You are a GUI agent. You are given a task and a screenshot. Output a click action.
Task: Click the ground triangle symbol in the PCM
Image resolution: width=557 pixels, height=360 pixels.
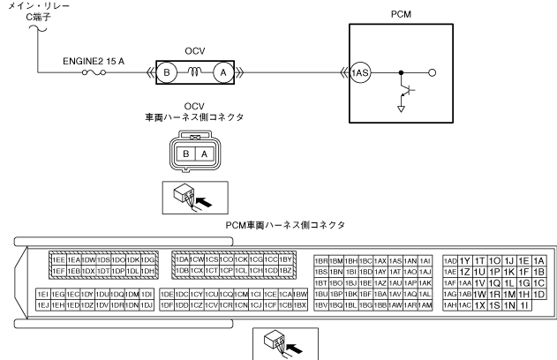402,109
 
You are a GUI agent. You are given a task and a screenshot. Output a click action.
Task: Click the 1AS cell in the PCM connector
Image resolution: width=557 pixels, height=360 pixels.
396,261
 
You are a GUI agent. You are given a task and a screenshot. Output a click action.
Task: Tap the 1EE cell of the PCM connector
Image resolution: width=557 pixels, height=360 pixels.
58,261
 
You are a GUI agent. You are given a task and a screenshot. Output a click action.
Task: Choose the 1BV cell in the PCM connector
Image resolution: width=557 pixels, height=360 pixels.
321,304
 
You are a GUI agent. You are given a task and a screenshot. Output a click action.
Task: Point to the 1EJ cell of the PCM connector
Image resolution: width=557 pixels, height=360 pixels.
42,304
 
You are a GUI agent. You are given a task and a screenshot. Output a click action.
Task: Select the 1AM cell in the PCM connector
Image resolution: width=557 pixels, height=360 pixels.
425,304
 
